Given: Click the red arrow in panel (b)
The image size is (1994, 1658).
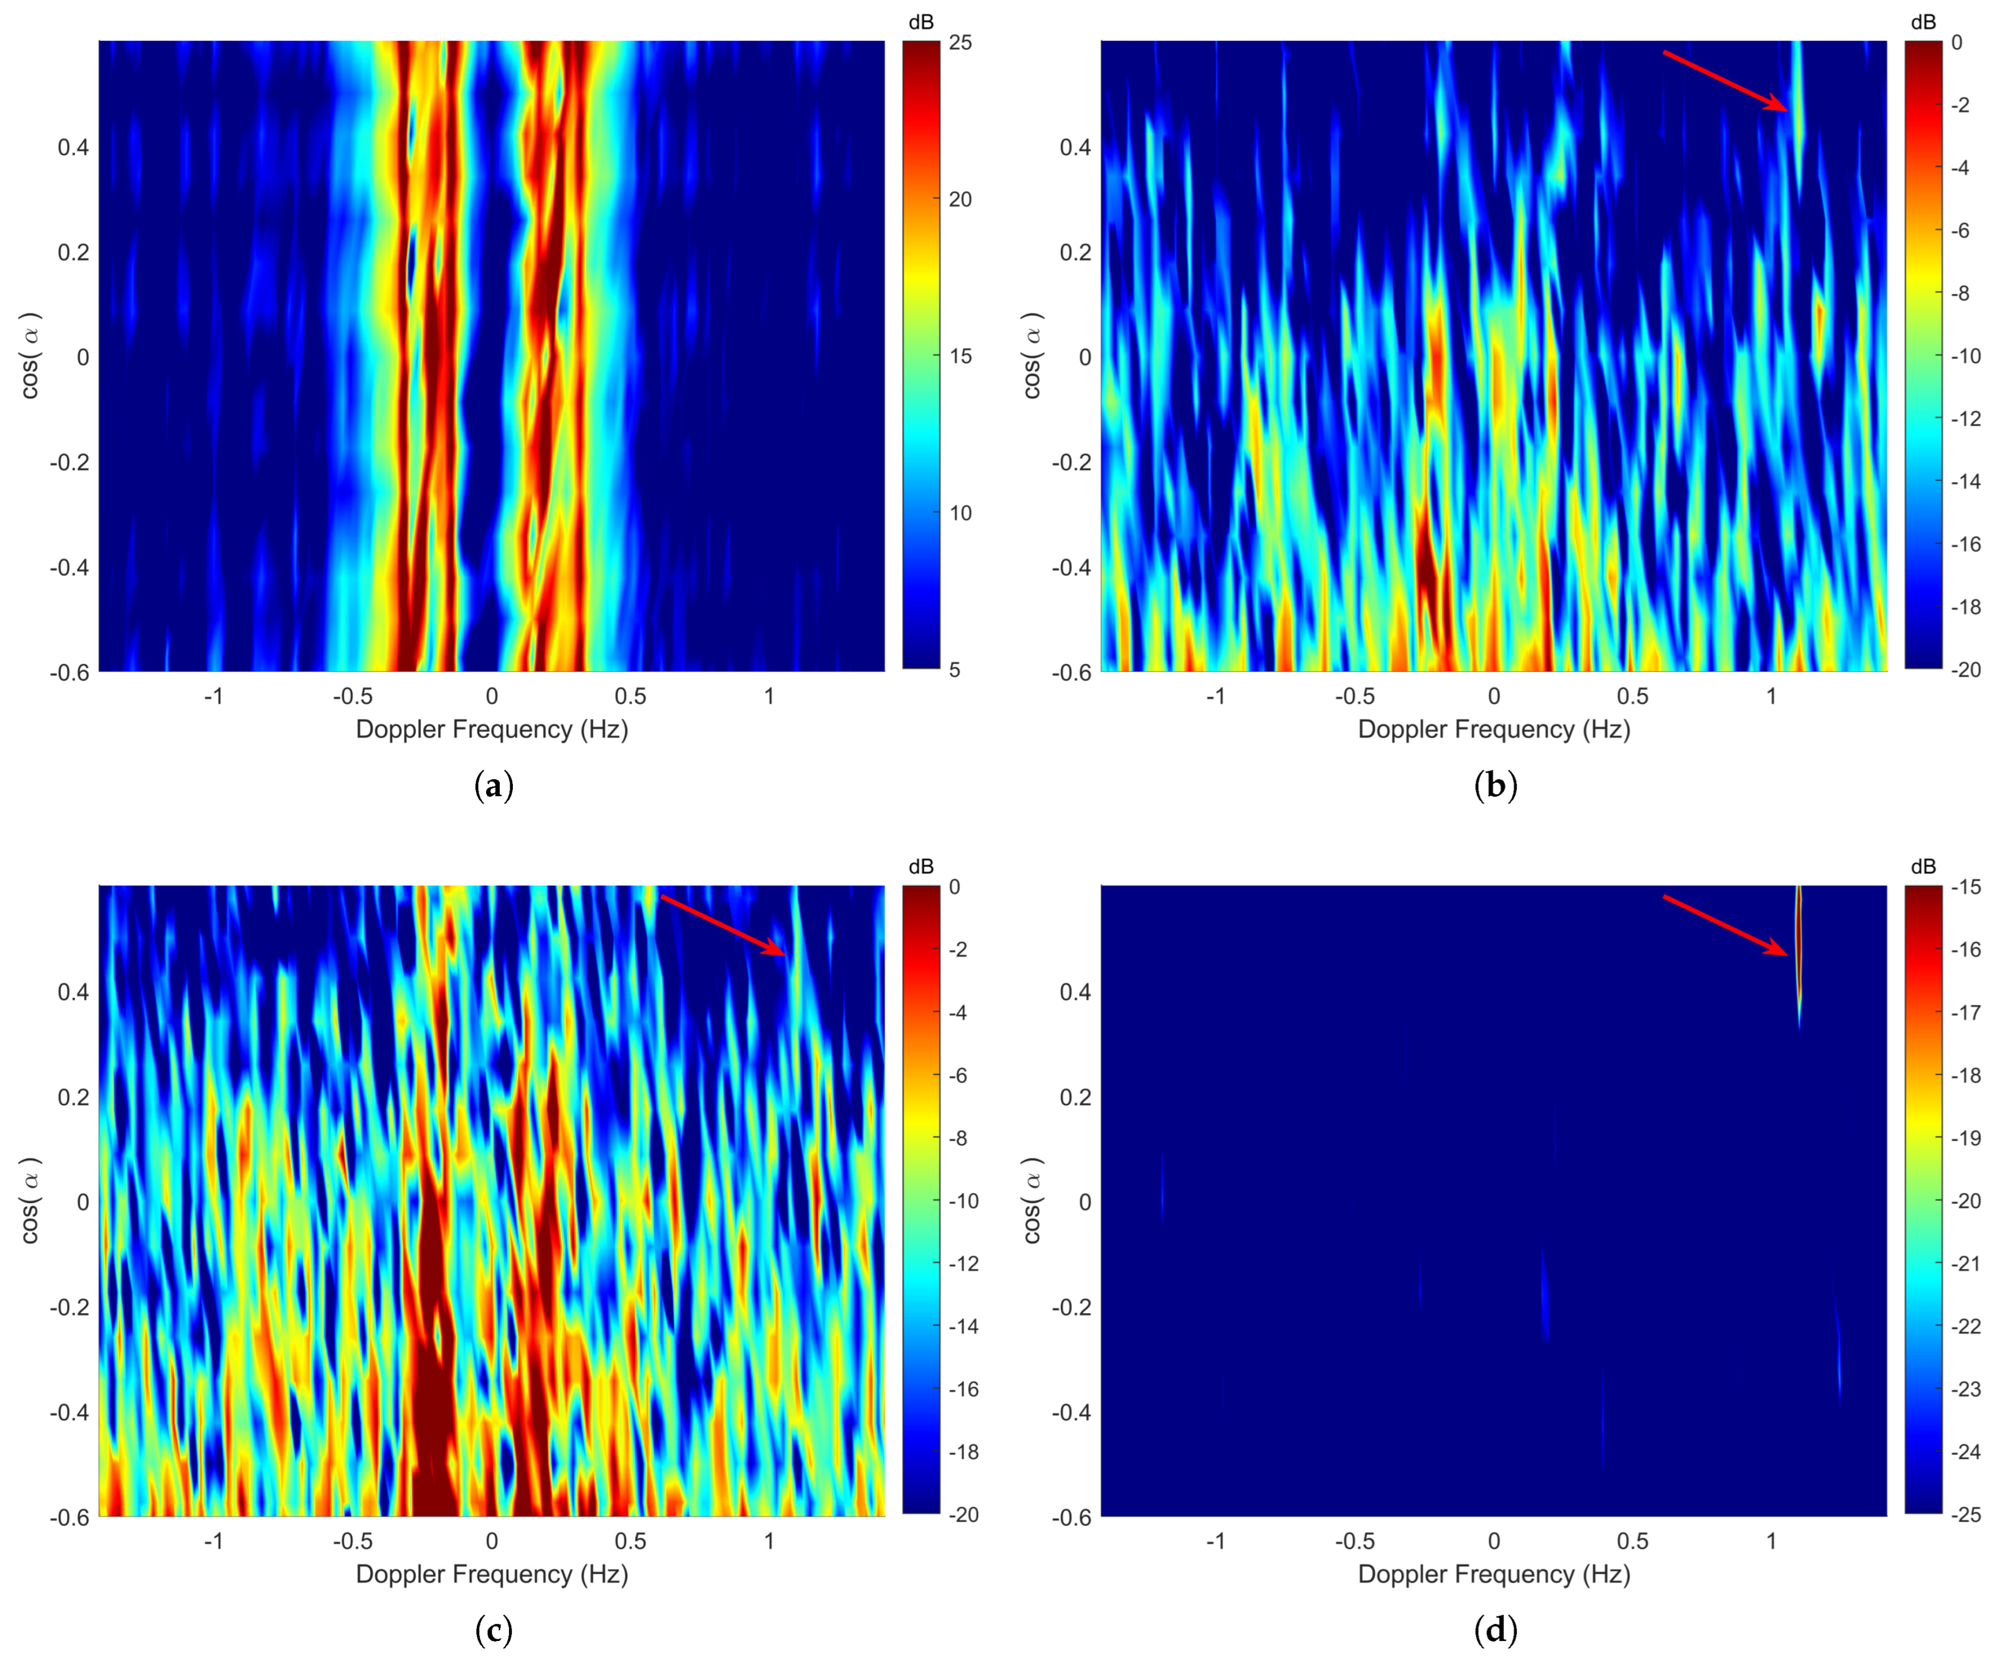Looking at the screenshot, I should [x=1724, y=81].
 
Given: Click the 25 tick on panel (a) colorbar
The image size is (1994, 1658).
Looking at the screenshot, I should [x=960, y=43].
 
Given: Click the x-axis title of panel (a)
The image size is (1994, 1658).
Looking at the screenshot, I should [x=492, y=729].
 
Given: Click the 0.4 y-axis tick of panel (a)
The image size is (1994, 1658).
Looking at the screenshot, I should [x=73, y=147].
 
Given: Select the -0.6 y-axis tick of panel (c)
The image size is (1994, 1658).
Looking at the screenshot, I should [x=69, y=1517].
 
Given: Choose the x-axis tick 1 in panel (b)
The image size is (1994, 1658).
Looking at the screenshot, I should [x=1771, y=696].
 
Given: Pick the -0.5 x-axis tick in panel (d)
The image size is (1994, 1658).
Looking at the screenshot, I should [x=1355, y=1541].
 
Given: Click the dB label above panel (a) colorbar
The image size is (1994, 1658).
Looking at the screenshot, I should [x=921, y=22].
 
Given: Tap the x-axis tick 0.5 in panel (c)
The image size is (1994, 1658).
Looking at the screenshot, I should [x=630, y=1541].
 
